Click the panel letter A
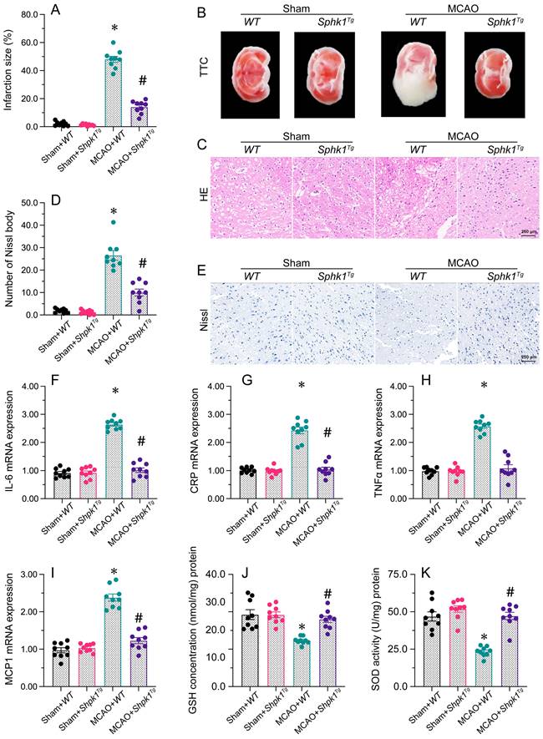[55, 10]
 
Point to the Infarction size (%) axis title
[9, 71]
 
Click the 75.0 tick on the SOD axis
[398, 575]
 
